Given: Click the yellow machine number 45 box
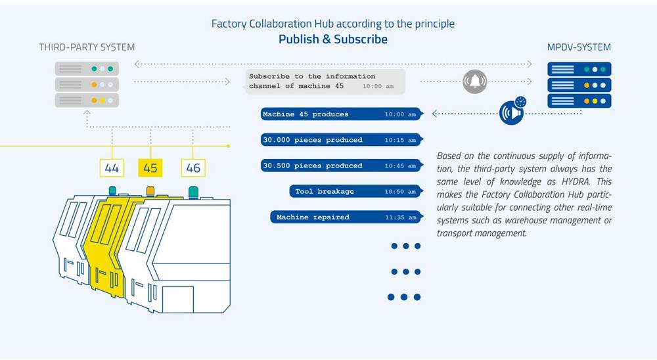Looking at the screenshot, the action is [150, 168].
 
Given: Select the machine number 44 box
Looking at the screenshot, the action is [112, 168].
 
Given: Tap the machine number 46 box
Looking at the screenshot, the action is [193, 168].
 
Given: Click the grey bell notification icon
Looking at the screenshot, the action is [475, 81].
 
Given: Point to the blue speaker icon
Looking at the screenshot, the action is [512, 112].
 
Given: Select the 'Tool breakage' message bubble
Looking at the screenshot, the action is [356, 192].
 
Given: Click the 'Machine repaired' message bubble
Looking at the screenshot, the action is [346, 217].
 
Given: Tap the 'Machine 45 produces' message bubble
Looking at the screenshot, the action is [342, 114].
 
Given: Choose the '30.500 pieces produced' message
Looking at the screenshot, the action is [342, 166].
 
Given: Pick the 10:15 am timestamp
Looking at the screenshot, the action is [400, 141].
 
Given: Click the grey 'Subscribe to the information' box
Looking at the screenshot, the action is [325, 81].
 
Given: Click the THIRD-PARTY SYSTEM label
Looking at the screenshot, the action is [87, 47].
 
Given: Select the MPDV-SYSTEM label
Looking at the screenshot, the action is [579, 47].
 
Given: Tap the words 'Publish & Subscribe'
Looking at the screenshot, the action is [333, 39].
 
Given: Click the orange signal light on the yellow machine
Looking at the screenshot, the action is [150, 191].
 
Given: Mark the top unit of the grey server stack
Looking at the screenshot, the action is [87, 69].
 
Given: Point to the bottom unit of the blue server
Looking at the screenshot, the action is [579, 101].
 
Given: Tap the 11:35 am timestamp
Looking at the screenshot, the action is [401, 217].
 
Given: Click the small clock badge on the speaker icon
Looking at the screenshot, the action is [520, 102].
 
